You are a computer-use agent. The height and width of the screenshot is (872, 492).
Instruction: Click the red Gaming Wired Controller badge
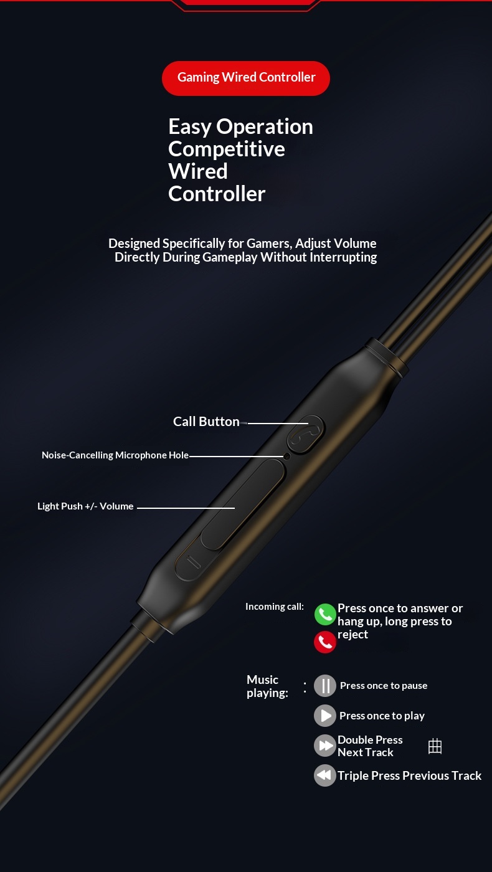click(246, 78)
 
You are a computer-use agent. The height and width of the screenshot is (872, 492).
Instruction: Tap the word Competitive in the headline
click(227, 149)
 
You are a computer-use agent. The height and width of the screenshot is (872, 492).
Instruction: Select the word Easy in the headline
click(189, 127)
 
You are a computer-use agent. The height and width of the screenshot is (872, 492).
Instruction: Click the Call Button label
click(206, 422)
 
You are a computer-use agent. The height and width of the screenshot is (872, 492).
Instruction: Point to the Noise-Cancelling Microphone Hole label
click(115, 455)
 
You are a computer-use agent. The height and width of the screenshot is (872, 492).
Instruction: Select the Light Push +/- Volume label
click(85, 506)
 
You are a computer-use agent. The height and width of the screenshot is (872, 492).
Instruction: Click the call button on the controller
click(306, 435)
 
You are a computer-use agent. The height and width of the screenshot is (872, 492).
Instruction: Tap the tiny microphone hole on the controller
click(287, 456)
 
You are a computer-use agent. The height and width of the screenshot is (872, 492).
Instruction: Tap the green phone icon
click(325, 614)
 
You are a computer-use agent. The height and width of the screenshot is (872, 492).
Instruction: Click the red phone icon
click(325, 642)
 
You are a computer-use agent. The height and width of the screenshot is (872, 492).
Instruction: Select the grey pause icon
click(325, 686)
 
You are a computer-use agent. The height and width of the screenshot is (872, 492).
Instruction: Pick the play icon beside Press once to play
click(325, 716)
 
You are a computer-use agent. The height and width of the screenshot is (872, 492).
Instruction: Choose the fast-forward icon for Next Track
click(325, 746)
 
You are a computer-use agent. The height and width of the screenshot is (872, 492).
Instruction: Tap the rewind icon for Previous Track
click(325, 775)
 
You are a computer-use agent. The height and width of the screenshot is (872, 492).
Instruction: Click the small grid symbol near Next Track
click(435, 746)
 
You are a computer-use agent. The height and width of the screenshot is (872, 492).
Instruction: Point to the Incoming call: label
click(275, 607)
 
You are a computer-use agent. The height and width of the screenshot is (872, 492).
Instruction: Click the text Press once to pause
click(384, 686)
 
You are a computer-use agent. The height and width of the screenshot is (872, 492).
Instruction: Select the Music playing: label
click(267, 686)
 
